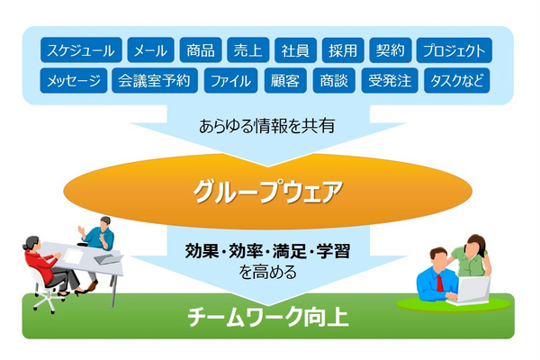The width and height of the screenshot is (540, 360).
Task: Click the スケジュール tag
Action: (x=81, y=50)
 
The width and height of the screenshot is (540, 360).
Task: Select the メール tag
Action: (x=149, y=50)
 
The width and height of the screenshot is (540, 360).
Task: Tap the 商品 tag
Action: (x=199, y=50)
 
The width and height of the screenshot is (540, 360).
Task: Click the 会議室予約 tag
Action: (x=155, y=81)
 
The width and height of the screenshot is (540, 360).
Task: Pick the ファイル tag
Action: (x=230, y=81)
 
